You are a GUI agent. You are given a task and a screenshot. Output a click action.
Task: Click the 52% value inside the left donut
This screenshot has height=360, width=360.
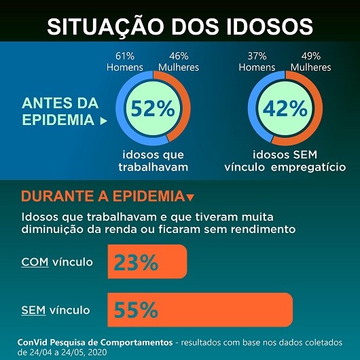coord(153,109)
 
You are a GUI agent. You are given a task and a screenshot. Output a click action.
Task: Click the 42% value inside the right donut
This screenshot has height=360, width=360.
coord(286,109)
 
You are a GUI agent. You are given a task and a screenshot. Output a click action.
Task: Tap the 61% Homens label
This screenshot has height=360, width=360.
coord(125,62)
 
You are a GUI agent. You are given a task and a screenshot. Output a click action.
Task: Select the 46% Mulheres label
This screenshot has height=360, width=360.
coord(177,62)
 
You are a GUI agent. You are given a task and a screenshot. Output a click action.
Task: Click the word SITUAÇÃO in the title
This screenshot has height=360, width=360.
coord(107,25)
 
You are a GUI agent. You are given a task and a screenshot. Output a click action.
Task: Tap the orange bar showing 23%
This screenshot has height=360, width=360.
coord(147,262)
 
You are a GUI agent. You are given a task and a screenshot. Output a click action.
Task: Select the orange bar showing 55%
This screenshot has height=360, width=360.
coord(200,310)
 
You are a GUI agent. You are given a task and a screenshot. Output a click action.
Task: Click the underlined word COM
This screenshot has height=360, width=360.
coord(35,262)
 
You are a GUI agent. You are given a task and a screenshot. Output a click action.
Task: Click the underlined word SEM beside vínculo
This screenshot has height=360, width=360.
coord(33,310)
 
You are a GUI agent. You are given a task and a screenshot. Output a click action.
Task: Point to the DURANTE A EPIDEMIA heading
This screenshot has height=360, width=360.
coord(102,197)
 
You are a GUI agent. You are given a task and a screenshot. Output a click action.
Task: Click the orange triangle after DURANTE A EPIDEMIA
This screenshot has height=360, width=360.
coord(190,198)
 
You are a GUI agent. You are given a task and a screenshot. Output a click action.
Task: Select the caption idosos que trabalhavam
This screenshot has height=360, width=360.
coord(153,161)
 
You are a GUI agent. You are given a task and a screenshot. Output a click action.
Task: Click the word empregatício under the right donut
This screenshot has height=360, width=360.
coord(308,167)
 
